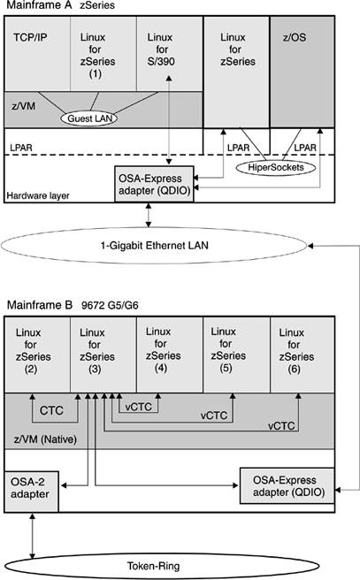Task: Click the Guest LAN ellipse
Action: pyautogui.click(x=89, y=118)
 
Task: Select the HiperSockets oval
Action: pyautogui.click(x=276, y=168)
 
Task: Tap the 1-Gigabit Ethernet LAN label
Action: pyautogui.click(x=154, y=245)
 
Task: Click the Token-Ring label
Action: pyautogui.click(x=154, y=566)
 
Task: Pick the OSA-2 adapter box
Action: pyautogui.click(x=32, y=492)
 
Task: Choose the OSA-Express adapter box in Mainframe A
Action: pyautogui.click(x=154, y=184)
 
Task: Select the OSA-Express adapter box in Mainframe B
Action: pyautogui.click(x=287, y=485)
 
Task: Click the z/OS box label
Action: pyautogui.click(x=295, y=37)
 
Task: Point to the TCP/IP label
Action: pyautogui.click(x=30, y=37)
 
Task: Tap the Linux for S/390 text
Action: pyautogui.click(x=161, y=50)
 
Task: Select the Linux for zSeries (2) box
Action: pyautogui.click(x=37, y=355)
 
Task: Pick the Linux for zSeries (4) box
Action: pyautogui.click(x=170, y=355)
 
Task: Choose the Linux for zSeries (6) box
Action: pyautogui.click(x=303, y=355)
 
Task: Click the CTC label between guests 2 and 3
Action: pyautogui.click(x=51, y=410)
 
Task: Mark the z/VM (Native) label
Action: pyautogui.click(x=45, y=439)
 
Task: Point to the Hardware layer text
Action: pyautogui.click(x=38, y=195)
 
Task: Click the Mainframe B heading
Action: pyautogui.click(x=40, y=305)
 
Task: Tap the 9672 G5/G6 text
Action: pyautogui.click(x=110, y=306)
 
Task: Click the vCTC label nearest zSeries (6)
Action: pyautogui.click(x=281, y=426)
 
